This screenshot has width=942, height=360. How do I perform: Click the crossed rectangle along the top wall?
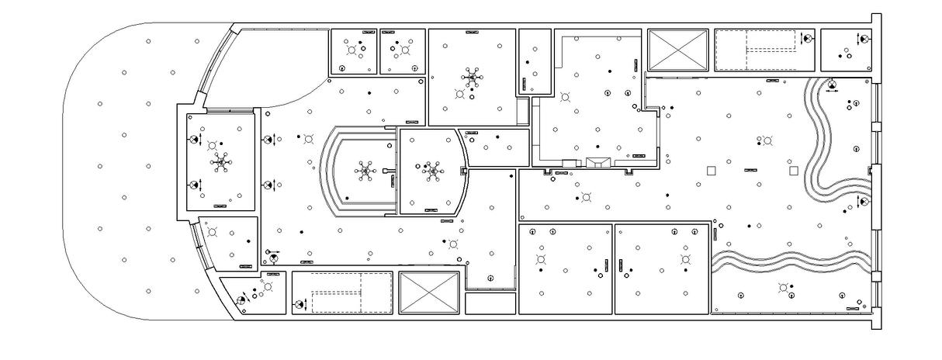679,50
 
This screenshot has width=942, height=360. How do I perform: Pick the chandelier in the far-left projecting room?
221,163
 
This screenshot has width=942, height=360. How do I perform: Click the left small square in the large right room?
709,170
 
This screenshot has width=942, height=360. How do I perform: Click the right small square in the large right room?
793,170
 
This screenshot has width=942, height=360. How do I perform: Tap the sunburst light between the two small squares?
767,141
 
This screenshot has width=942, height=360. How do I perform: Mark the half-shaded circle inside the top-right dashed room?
807,37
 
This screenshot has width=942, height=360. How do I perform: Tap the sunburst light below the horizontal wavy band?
784,288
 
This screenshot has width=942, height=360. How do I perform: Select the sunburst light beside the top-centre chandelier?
460,94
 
